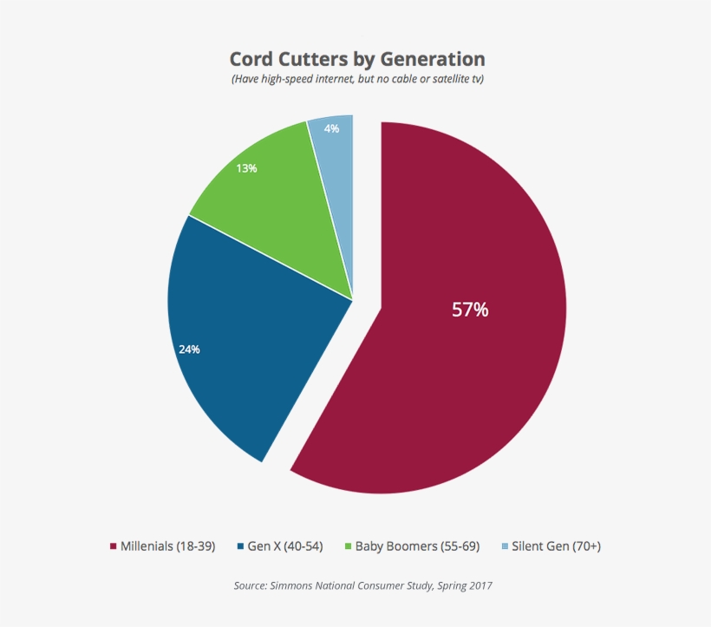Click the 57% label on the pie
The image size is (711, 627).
click(470, 310)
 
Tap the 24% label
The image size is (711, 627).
click(189, 349)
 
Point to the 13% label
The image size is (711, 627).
click(246, 168)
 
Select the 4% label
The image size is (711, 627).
click(331, 128)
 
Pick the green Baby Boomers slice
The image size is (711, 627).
click(277, 208)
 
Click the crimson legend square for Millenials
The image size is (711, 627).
click(113, 546)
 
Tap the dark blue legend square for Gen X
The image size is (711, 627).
click(240, 546)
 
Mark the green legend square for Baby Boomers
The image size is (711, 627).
click(348, 546)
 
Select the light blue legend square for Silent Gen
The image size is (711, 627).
click(505, 546)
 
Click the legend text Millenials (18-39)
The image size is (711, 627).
click(168, 546)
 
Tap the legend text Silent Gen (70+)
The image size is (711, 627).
click(556, 546)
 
